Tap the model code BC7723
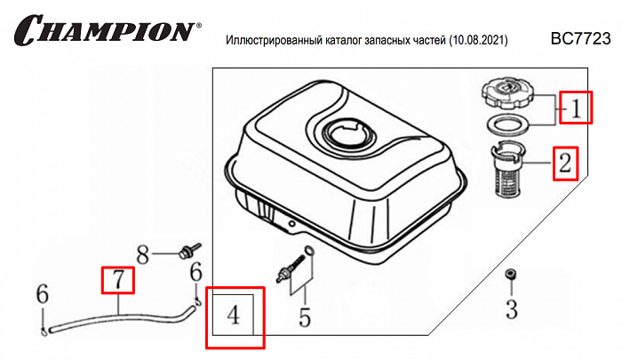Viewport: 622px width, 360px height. pos(580,38)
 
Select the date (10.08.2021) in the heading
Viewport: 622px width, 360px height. pos(478,41)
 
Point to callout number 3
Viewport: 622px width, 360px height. pos(511,309)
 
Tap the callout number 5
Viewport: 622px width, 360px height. pos(305,316)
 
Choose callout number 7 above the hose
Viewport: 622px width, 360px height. pos(117,280)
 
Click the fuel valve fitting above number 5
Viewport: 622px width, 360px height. pos(294,264)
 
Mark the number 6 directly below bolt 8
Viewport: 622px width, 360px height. pos(196,272)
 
